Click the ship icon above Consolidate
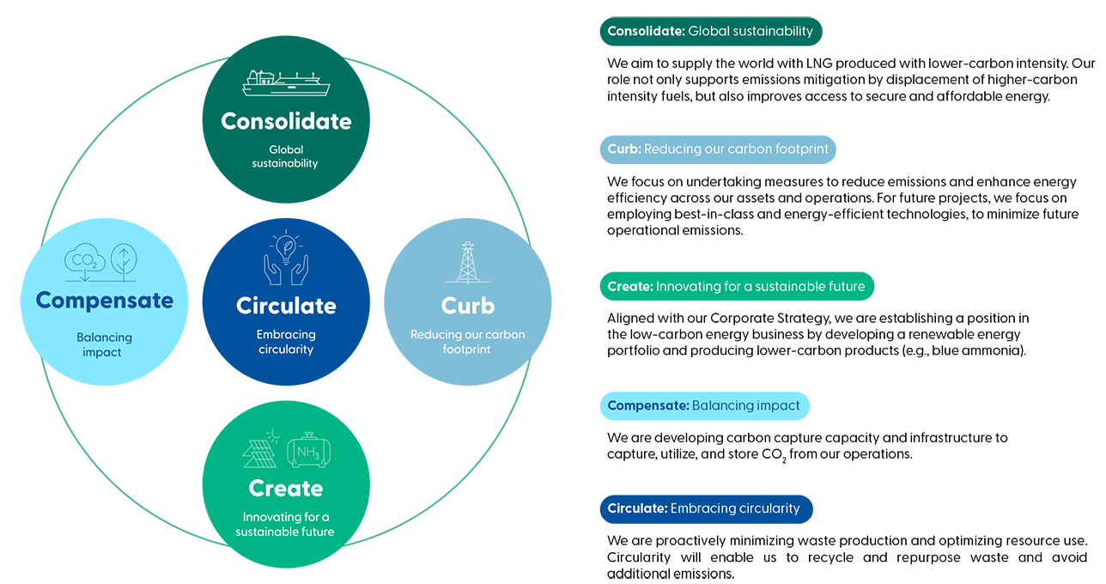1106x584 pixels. [286, 84]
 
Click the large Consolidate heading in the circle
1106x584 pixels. [286, 121]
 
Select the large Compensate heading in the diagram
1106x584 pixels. [104, 301]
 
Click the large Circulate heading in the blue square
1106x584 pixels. [286, 306]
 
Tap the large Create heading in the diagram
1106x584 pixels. [286, 488]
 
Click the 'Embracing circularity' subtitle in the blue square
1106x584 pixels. [286, 342]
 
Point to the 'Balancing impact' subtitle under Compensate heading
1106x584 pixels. [102, 345]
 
